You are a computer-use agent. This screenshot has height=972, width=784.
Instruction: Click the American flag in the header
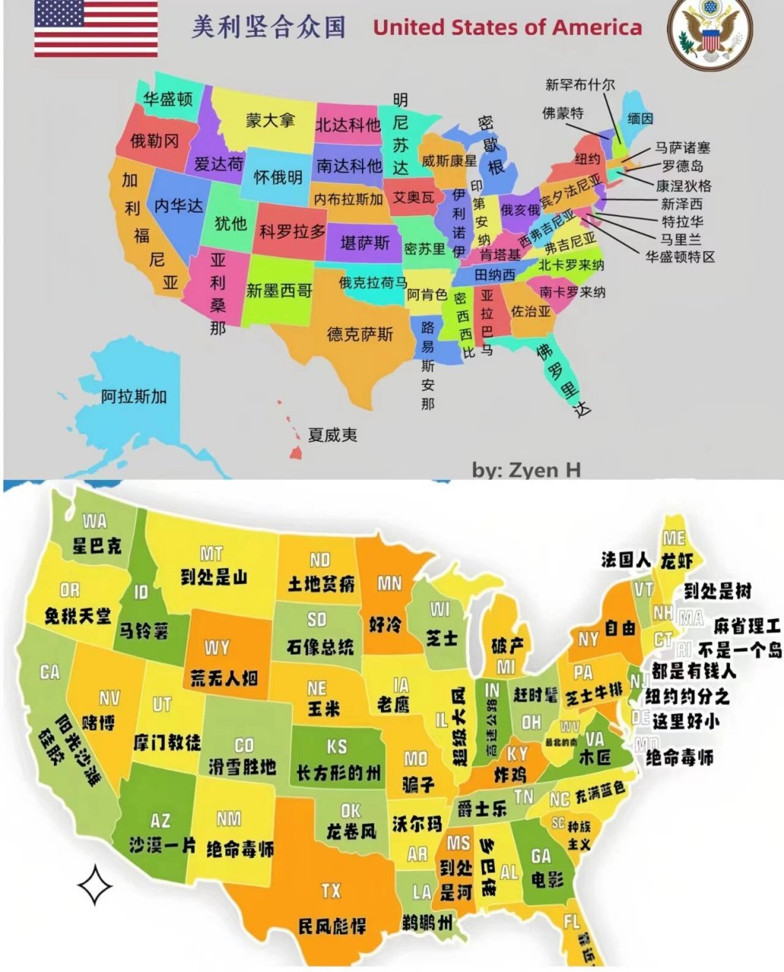tap(96, 29)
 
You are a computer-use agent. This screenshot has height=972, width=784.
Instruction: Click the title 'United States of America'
tap(507, 28)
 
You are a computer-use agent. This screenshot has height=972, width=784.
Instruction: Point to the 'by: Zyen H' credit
tap(526, 470)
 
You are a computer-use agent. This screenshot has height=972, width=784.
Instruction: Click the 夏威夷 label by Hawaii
tap(332, 435)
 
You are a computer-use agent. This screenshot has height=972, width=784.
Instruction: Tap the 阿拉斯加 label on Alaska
tap(134, 396)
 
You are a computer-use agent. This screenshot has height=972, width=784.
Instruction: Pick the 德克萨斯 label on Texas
tap(360, 333)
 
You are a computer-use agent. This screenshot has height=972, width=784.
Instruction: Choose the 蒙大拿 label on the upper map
tap(269, 120)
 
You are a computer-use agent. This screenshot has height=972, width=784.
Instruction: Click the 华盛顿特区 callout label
tap(680, 257)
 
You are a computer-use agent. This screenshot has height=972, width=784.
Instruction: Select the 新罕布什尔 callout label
tap(580, 84)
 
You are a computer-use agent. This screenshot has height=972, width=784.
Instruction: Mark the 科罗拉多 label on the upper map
tap(292, 231)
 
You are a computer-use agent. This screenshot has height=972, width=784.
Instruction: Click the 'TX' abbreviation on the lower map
tap(331, 890)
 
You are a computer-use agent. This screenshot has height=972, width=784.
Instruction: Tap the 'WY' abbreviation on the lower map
tap(217, 648)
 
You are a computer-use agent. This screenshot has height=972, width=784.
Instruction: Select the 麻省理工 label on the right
tap(747, 626)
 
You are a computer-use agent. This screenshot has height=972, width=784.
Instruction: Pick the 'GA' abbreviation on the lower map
tap(541, 856)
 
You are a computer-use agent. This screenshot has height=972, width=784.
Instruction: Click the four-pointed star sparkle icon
tap(96, 885)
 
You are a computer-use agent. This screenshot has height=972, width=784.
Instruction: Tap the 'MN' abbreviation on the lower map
tap(389, 583)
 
